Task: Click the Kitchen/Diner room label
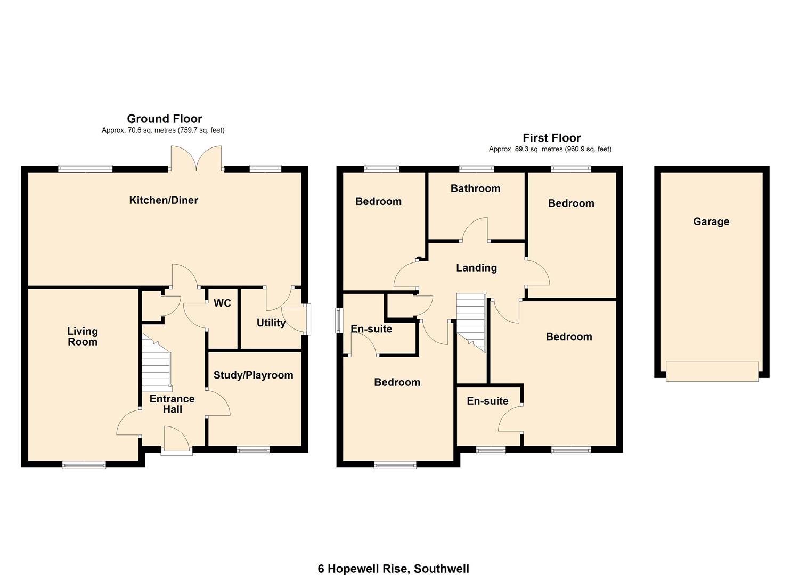pyautogui.click(x=164, y=200)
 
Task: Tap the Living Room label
pyautogui.click(x=83, y=336)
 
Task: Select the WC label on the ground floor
pyautogui.click(x=222, y=303)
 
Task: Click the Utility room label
pyautogui.click(x=271, y=323)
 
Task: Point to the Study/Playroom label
pyautogui.click(x=253, y=375)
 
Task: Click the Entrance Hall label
pyautogui.click(x=172, y=404)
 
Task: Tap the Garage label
pyautogui.click(x=711, y=221)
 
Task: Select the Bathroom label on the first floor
pyautogui.click(x=475, y=188)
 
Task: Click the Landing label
pyautogui.click(x=476, y=268)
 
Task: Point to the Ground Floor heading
pyautogui.click(x=164, y=119)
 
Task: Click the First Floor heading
pyautogui.click(x=551, y=138)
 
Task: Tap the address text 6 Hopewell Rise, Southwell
pyautogui.click(x=394, y=569)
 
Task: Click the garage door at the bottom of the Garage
pyautogui.click(x=712, y=371)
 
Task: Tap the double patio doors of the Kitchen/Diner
pyautogui.click(x=197, y=159)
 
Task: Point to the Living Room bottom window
pyautogui.click(x=84, y=465)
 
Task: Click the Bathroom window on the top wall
pyautogui.click(x=477, y=169)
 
